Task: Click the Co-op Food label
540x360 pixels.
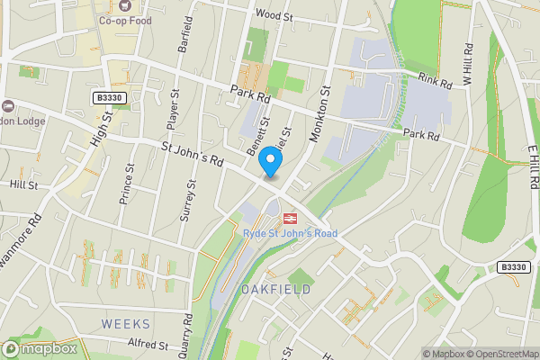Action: coord(125,20)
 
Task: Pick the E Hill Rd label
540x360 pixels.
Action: coord(533,167)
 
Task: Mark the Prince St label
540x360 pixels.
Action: coord(127,183)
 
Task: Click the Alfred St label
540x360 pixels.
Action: coord(147,344)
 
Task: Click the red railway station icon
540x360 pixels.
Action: coord(290,219)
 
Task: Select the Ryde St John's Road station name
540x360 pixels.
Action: coord(290,234)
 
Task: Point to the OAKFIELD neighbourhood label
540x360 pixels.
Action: coord(275,289)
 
